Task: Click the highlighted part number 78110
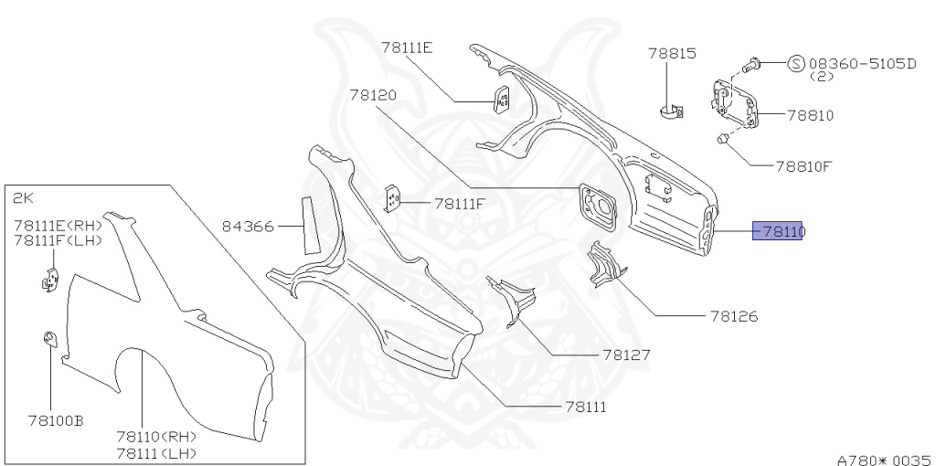778,232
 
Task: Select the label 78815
673,54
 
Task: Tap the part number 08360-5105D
862,64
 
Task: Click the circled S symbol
796,64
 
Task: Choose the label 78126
734,317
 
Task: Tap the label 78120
372,95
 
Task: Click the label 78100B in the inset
56,421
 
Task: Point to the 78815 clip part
672,111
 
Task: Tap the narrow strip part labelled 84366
309,224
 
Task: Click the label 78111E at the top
407,48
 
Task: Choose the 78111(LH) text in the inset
159,453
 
